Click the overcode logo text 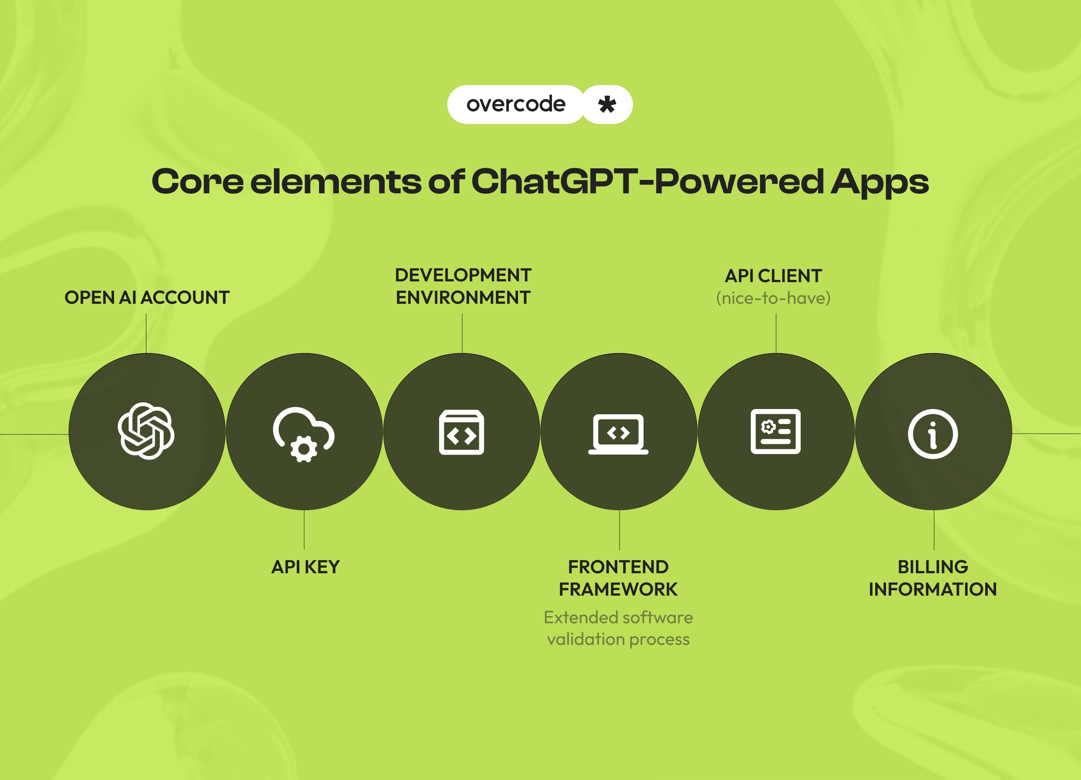(x=516, y=104)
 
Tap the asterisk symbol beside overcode (x=607, y=104)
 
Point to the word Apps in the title (x=879, y=182)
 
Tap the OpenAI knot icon (x=146, y=431)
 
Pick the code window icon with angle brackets (x=461, y=432)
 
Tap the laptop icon (x=618, y=433)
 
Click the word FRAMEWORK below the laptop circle (x=618, y=589)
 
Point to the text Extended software (x=618, y=617)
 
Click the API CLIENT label (x=773, y=276)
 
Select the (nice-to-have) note (x=773, y=298)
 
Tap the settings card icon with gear (x=775, y=431)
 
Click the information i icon (x=933, y=433)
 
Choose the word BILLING (x=933, y=567)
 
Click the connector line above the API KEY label (x=304, y=530)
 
